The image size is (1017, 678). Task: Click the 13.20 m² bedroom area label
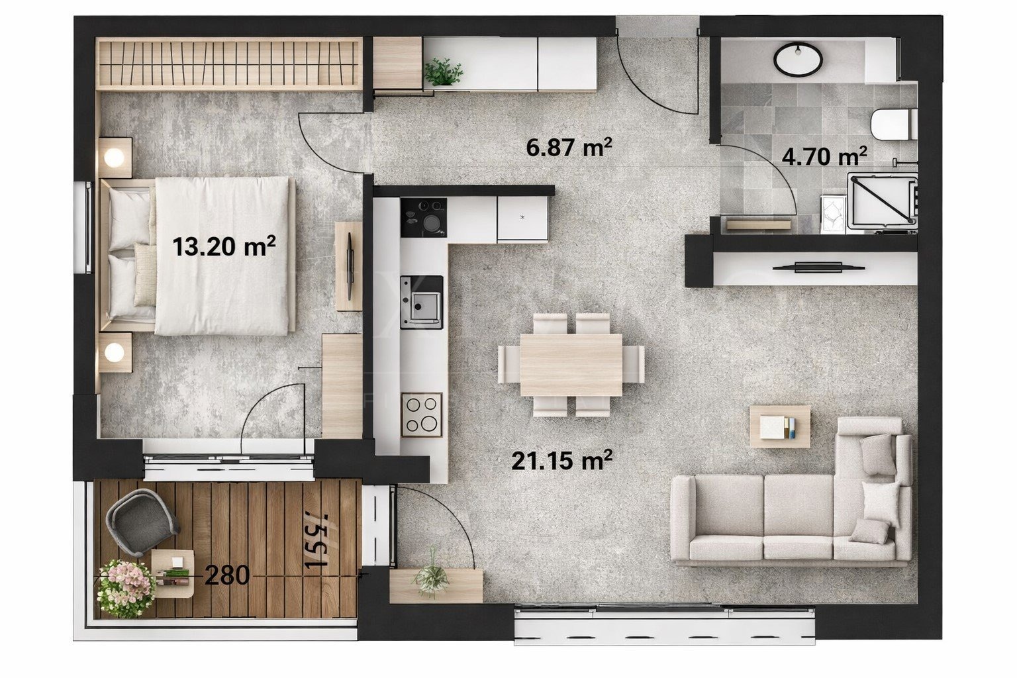pos(224,247)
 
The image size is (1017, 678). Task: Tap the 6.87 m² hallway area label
pos(568,148)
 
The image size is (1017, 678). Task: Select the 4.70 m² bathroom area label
pos(824,158)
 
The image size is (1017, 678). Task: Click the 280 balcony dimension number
pos(227,576)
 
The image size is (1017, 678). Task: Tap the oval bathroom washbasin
pos(799,58)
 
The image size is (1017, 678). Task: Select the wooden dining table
pos(571,365)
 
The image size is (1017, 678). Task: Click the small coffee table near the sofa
pos(779,426)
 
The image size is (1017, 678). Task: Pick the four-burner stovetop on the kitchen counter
pos(422,414)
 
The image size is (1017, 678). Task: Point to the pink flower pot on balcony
pos(126,588)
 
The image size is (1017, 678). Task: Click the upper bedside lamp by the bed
pos(115,158)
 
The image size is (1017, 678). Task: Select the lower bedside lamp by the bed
pos(115,352)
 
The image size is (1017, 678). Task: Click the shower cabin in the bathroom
pos(883,202)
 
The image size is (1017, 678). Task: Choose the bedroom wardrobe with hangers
pos(228,64)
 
